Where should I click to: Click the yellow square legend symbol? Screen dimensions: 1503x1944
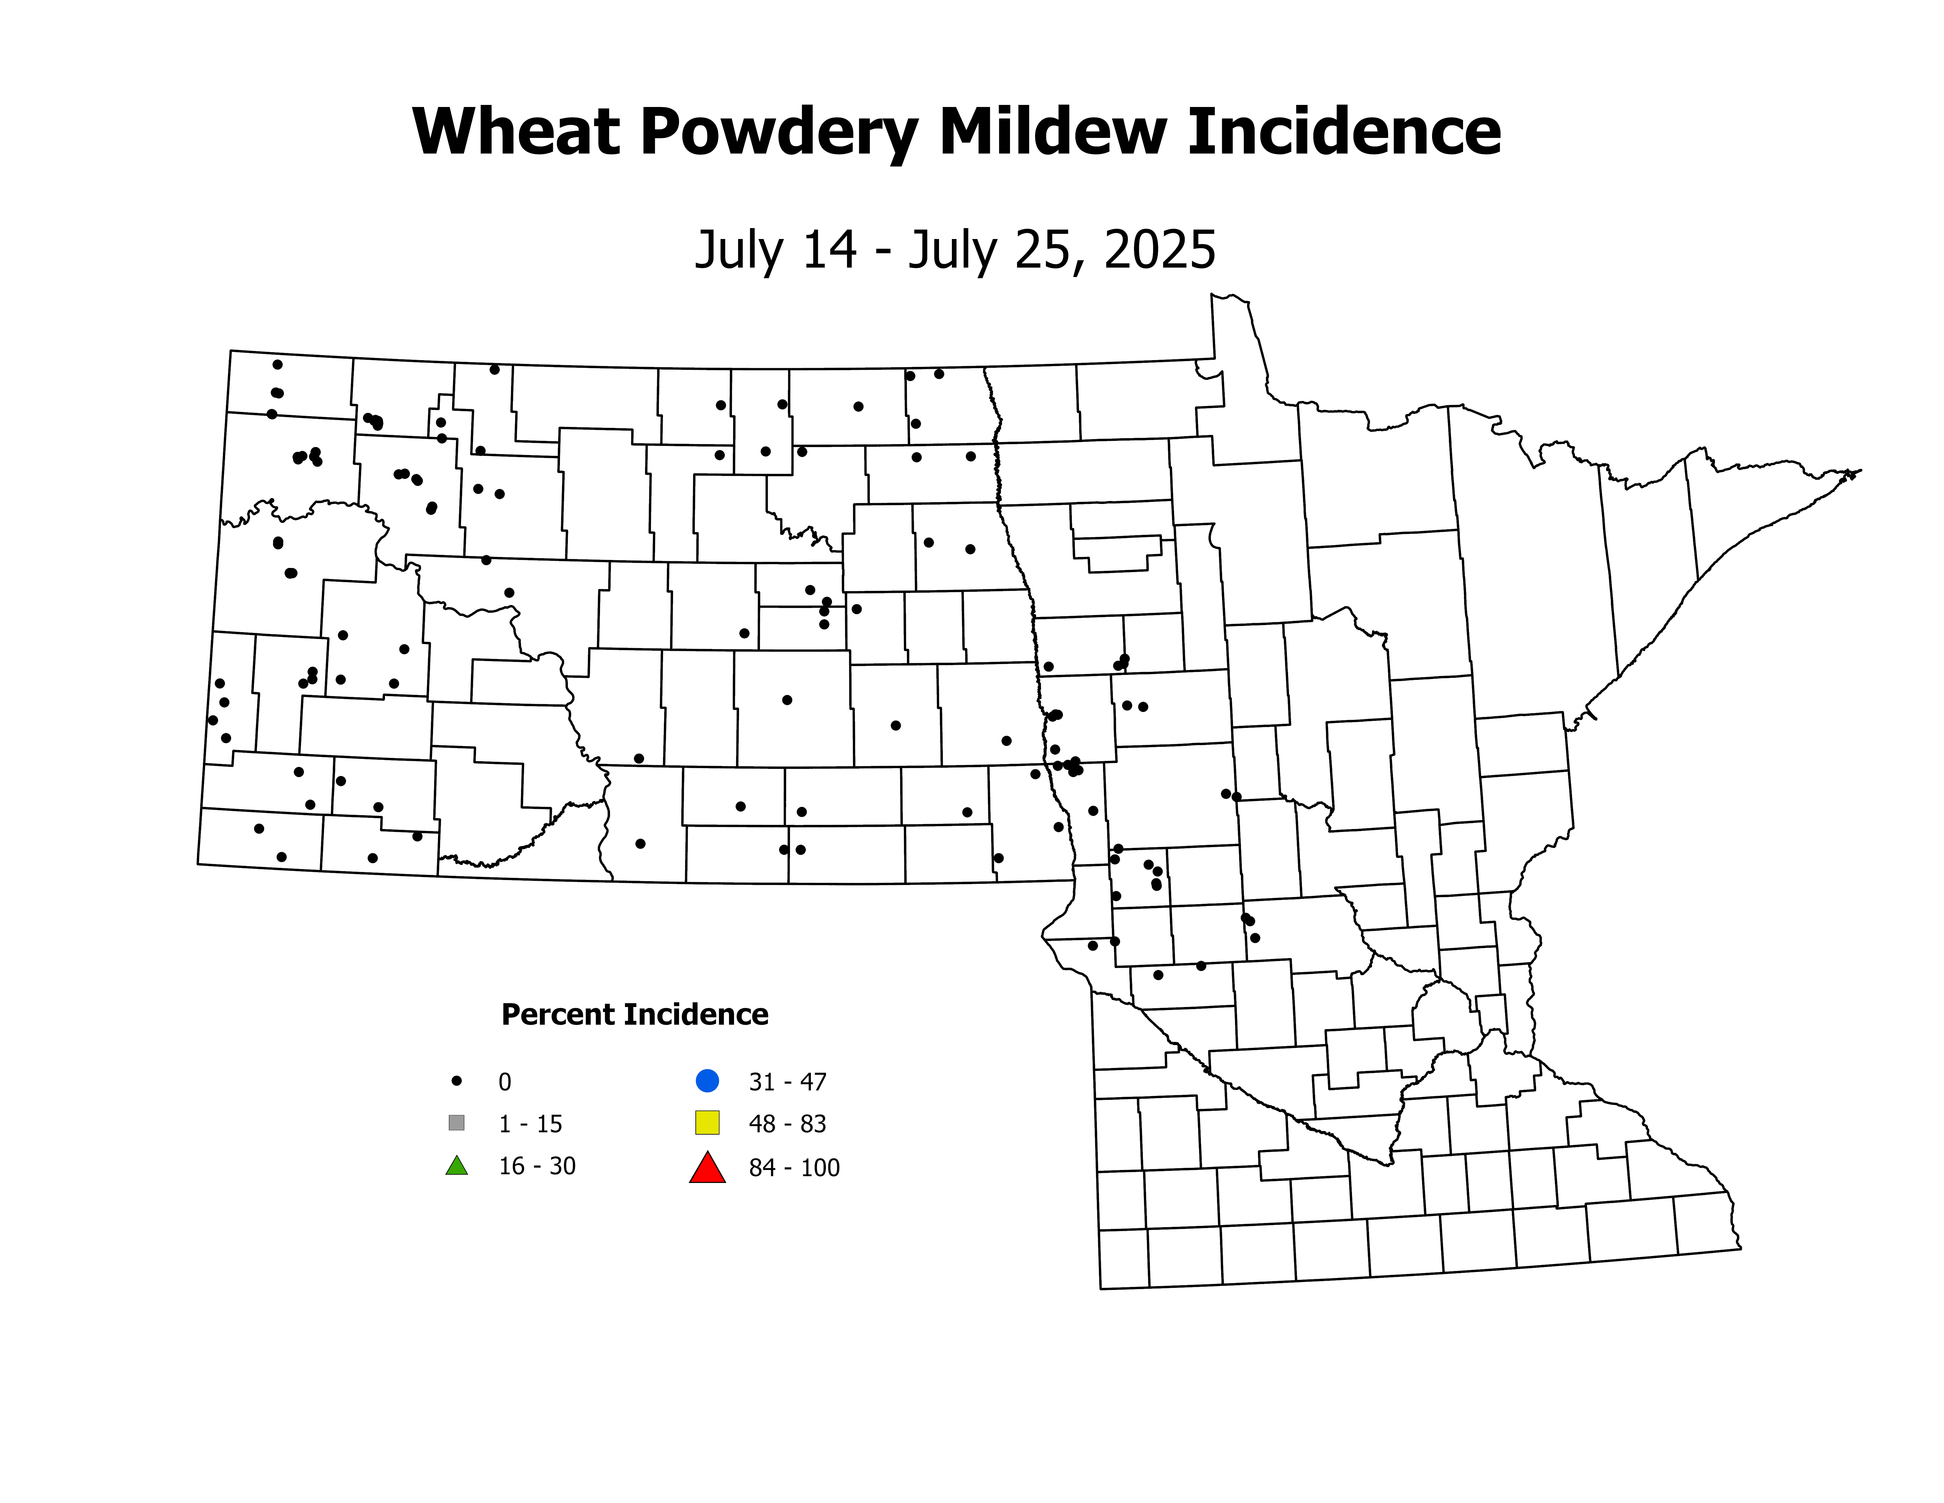(x=707, y=1123)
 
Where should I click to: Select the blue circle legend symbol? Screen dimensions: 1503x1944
(x=707, y=1081)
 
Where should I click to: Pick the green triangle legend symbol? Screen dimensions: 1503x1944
(x=457, y=1166)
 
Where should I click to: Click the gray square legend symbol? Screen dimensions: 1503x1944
(x=457, y=1123)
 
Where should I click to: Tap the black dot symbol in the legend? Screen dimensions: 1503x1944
(x=457, y=1081)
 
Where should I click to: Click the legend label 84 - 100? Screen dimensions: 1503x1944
(x=794, y=1167)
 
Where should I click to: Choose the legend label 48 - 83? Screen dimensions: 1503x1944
(x=788, y=1124)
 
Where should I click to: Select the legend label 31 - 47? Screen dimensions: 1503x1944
(x=788, y=1082)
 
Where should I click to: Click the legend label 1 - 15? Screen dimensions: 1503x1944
(x=530, y=1124)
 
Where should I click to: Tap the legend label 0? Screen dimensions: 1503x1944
(x=505, y=1082)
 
